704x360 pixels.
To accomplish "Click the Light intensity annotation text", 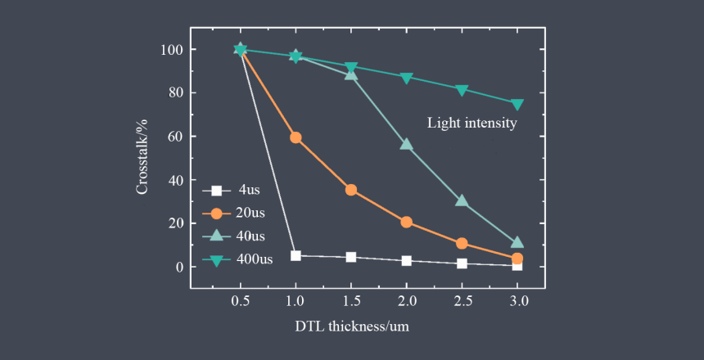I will (472, 124).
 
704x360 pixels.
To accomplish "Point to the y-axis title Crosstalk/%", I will (142, 156).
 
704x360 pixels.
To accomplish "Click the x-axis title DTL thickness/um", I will (352, 326).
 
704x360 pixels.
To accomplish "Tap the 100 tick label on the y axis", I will (171, 50).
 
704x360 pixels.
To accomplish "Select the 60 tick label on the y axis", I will (174, 137).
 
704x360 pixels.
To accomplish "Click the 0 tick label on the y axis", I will (178, 267).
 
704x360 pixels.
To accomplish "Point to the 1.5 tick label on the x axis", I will (351, 301).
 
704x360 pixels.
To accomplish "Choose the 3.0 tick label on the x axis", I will (517, 301).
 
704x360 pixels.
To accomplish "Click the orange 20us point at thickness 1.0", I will (296, 137).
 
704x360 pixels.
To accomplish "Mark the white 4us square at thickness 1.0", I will (296, 255).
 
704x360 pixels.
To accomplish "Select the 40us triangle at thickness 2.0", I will (406, 144).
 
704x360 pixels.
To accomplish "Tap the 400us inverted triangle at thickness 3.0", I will (517, 104).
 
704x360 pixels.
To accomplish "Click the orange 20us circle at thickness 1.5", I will (351, 190).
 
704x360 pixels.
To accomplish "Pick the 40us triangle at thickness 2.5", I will (462, 200).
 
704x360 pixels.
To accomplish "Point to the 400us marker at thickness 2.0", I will (406, 78).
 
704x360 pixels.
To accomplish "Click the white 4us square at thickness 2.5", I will (462, 263).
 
